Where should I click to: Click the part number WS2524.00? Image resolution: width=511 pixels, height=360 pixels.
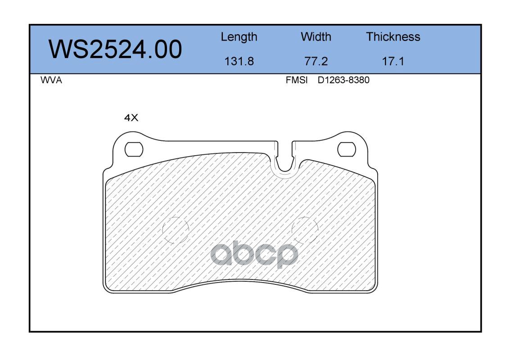coord(115,49)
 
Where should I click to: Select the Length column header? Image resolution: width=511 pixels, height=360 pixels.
coord(239,37)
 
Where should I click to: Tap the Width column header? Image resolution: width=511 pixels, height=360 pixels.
coord(316,37)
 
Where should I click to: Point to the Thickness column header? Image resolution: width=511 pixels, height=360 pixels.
coord(393,37)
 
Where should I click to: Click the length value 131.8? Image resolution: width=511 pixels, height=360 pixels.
coord(239,61)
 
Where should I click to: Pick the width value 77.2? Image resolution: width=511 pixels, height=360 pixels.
coord(316,61)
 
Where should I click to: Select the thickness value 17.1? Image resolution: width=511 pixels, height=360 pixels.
coord(393,61)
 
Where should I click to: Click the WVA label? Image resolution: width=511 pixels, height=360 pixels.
coord(51,80)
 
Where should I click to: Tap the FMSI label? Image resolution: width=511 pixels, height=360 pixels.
coord(297,80)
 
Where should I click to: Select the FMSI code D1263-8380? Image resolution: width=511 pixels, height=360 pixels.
coord(344,80)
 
